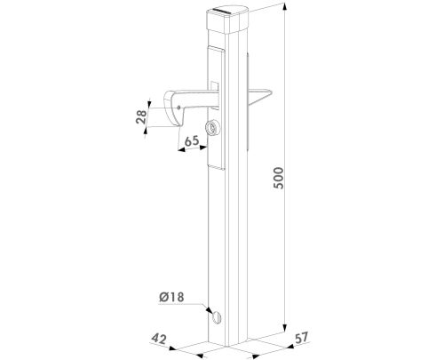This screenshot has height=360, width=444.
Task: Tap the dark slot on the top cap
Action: click(x=233, y=10)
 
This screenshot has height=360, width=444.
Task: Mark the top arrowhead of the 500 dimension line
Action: click(x=285, y=5)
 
